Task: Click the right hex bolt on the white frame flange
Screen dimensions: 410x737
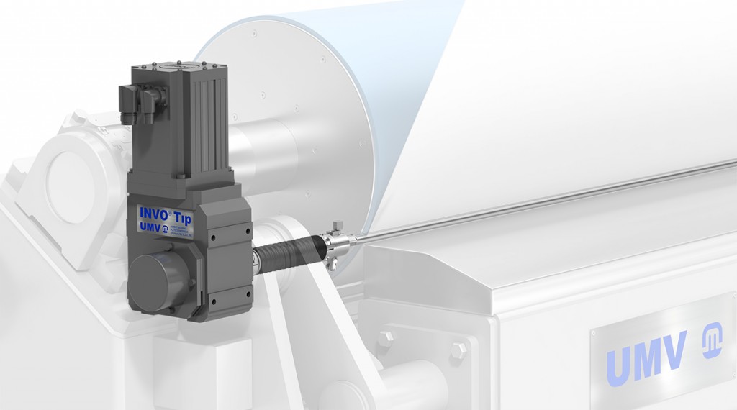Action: [x=458, y=350]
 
